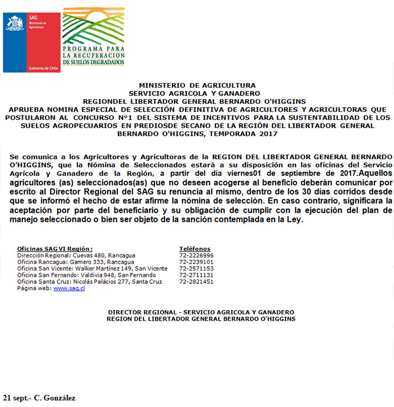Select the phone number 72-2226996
click(x=196, y=256)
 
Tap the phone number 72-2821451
click(x=196, y=282)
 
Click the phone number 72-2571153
click(x=196, y=268)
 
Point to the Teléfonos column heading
click(x=195, y=249)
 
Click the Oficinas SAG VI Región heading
click(x=55, y=249)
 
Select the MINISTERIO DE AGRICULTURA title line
click(x=197, y=85)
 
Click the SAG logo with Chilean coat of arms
click(x=32, y=42)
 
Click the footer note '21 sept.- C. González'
click(x=39, y=398)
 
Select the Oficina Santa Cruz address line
click(x=89, y=282)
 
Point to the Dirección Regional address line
click(x=76, y=256)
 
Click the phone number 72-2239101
click(x=196, y=262)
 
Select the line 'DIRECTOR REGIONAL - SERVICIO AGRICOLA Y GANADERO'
click(x=201, y=312)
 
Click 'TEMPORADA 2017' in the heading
click(x=246, y=134)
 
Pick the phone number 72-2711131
click(x=196, y=275)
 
